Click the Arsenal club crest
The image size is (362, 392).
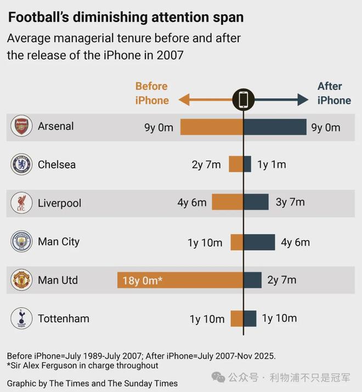tap(21, 127)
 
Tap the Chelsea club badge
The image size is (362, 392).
tap(21, 164)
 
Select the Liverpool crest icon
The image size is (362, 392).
tap(21, 203)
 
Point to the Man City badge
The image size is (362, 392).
tap(21, 242)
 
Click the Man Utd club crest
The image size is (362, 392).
tap(21, 280)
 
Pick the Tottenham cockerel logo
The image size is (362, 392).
tap(21, 319)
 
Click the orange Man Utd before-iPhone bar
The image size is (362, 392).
tap(180, 280)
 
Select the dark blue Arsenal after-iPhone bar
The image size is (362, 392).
tap(275, 127)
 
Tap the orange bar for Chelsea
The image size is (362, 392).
tap(236, 164)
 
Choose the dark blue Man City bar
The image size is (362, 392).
tap(259, 242)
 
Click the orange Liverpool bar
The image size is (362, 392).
tap(228, 203)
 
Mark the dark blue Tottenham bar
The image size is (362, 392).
tap(250, 319)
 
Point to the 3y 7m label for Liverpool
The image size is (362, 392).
tap(290, 203)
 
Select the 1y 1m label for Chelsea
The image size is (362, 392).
tap(271, 164)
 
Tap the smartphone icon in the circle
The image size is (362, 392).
tap(244, 100)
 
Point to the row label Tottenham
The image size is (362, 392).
tap(63, 319)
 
